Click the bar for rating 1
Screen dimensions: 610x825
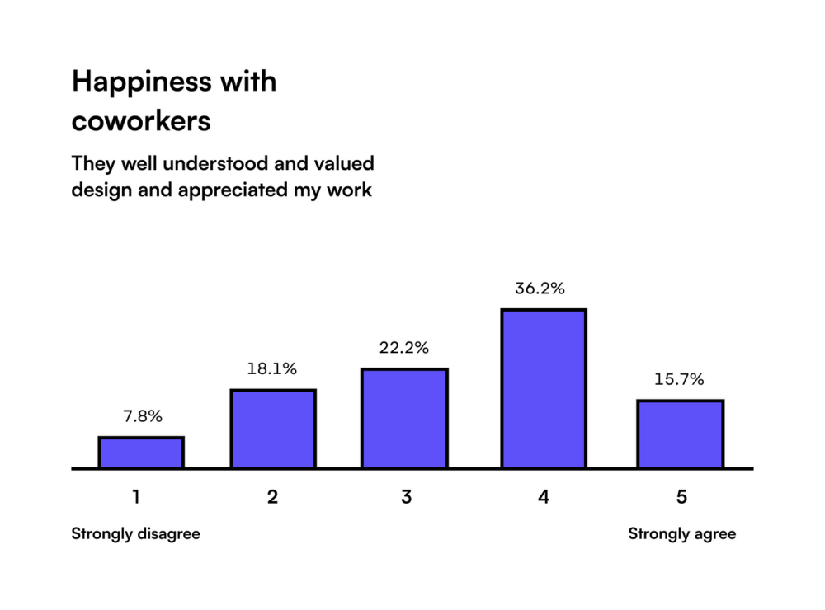[141, 453]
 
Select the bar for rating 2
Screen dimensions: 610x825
[273, 429]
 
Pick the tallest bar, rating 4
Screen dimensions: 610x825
[544, 389]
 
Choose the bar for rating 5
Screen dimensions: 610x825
[680, 434]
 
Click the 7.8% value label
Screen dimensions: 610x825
[141, 417]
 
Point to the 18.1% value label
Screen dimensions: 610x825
[272, 369]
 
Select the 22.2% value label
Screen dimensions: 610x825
[404, 348]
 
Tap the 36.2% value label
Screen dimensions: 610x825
[540, 289]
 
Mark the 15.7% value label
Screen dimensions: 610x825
[679, 380]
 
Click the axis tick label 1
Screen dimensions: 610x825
[136, 497]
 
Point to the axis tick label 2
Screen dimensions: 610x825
[272, 497]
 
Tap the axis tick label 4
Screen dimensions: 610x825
[543, 497]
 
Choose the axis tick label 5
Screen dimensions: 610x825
[681, 497]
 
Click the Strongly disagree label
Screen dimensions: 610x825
[135, 533]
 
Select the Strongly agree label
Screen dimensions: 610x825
[681, 533]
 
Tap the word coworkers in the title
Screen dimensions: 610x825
[141, 121]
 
